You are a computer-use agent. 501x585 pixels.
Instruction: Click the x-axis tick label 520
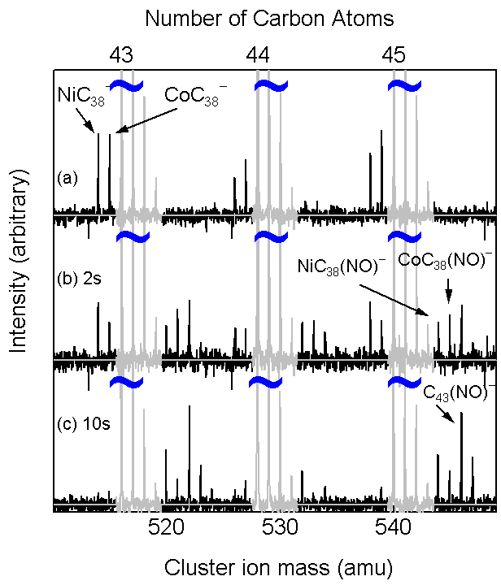click(166, 528)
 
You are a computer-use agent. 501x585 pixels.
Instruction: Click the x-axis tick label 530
click(280, 528)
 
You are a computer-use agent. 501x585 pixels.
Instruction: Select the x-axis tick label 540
click(393, 528)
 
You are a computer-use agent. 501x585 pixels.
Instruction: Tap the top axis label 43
click(121, 55)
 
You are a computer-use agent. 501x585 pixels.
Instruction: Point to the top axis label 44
click(258, 55)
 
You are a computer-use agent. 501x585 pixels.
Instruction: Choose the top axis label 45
click(394, 55)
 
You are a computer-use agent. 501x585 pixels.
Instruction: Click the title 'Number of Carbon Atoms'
click(269, 18)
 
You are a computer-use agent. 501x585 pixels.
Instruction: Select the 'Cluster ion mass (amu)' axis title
click(278, 567)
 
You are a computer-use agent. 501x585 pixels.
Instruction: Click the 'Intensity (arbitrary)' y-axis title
click(18, 261)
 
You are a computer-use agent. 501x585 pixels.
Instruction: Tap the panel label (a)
click(68, 178)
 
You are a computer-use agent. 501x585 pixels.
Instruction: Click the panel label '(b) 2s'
click(79, 279)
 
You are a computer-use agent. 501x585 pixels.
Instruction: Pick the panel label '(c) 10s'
click(84, 424)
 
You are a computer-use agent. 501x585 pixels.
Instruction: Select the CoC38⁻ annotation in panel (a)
click(196, 96)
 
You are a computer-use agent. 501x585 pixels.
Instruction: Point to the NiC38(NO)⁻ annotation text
click(342, 266)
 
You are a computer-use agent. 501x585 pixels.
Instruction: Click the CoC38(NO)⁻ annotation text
click(445, 260)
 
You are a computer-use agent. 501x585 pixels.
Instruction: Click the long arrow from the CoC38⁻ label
click(146, 120)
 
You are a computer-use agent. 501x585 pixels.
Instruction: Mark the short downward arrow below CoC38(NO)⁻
click(449, 297)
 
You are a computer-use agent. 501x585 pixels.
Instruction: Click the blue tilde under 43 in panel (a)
click(126, 85)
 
